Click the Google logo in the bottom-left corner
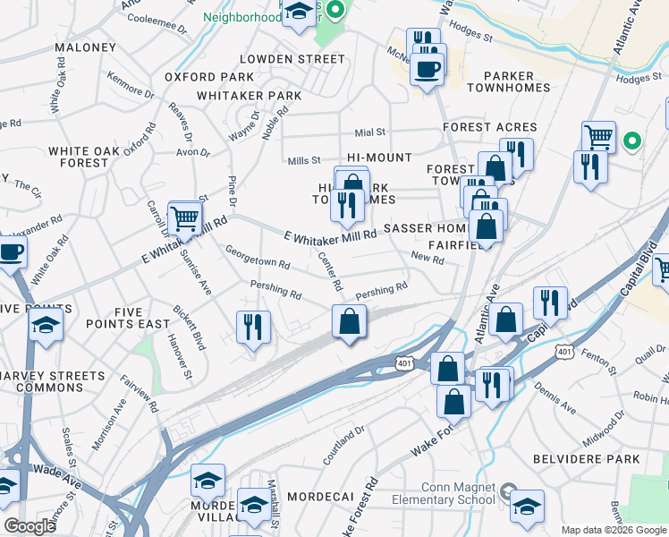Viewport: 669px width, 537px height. (x=29, y=526)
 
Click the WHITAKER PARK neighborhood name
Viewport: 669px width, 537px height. (x=249, y=96)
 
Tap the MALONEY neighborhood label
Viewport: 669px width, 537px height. (x=86, y=47)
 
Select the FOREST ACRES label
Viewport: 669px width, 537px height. (x=490, y=127)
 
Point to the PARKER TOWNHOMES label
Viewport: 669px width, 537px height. (x=508, y=83)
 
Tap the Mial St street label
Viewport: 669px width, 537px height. (x=369, y=132)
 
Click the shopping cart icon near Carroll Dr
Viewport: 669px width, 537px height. (x=184, y=217)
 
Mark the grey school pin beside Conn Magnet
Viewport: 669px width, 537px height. (x=507, y=491)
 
